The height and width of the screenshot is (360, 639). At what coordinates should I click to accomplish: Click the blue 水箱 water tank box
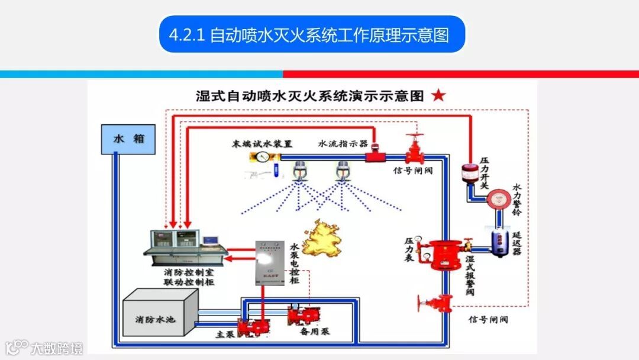click(128, 139)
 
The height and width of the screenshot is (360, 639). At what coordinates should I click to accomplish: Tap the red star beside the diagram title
click(438, 96)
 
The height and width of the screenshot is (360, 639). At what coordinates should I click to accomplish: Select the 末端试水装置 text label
click(262, 144)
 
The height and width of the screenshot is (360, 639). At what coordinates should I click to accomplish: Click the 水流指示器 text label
click(343, 144)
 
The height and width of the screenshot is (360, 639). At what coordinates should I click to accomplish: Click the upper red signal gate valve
click(415, 150)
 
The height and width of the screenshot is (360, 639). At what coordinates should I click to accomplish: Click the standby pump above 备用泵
click(303, 316)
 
